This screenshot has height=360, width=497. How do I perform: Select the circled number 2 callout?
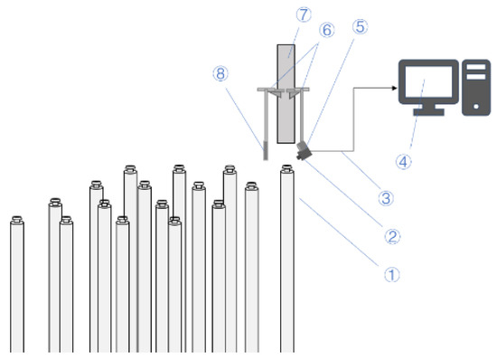(392, 237)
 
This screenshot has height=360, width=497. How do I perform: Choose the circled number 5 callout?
(361, 27)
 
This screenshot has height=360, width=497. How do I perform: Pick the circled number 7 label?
(279, 14)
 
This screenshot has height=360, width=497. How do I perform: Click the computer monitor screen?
(428, 83)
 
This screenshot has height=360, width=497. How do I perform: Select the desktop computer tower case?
(475, 87)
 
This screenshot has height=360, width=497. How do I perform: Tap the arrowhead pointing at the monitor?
(395, 88)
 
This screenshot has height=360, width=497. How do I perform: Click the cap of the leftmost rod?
(16, 219)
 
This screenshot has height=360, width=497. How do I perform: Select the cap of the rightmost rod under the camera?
(287, 168)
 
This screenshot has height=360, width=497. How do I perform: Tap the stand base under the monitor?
(428, 114)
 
